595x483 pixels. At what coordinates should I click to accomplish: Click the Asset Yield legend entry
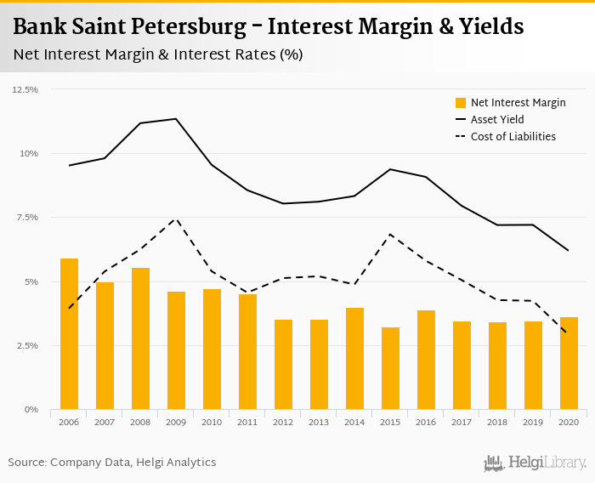tap(497, 120)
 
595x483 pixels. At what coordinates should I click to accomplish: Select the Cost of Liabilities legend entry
tap(513, 136)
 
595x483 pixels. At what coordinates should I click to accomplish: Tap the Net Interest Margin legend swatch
tap(461, 103)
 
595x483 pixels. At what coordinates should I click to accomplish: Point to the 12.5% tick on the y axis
tap(25, 89)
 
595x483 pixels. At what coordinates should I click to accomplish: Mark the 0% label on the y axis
tap(32, 410)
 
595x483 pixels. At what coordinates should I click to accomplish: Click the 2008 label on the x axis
tap(140, 422)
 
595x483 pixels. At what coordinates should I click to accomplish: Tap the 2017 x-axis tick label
tap(462, 422)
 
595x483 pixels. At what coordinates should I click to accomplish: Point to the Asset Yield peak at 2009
tap(176, 119)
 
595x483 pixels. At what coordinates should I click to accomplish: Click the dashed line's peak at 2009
tap(175, 219)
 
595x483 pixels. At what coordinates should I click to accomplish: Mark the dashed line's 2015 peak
tap(389, 234)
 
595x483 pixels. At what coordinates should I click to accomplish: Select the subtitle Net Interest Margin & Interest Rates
tap(158, 54)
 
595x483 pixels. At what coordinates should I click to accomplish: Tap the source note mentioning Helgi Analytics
tap(112, 463)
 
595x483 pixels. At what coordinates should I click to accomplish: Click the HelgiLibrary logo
tap(535, 463)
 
